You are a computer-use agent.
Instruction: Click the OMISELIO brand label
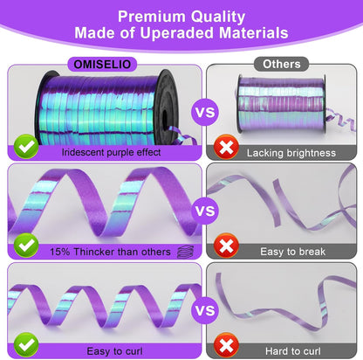click(x=102, y=64)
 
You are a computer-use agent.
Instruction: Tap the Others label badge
click(x=281, y=64)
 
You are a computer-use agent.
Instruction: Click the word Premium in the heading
click(x=151, y=17)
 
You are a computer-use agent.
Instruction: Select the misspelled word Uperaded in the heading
click(x=177, y=32)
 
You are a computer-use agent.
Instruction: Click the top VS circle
click(x=205, y=112)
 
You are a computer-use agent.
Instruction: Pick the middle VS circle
click(x=205, y=211)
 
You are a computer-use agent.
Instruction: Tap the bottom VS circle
click(x=205, y=310)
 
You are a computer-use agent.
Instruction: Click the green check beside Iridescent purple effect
click(x=26, y=147)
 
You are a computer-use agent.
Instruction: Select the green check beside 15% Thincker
click(x=26, y=246)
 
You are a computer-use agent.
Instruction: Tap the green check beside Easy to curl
click(x=26, y=344)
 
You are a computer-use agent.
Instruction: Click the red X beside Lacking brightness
click(x=226, y=147)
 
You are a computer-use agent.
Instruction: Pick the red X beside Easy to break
click(x=226, y=246)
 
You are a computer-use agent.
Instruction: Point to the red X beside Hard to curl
click(x=226, y=345)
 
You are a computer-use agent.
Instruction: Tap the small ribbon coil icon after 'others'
click(x=186, y=252)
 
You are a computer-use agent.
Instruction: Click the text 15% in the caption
click(x=60, y=252)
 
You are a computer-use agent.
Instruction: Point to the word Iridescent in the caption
click(x=83, y=152)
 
